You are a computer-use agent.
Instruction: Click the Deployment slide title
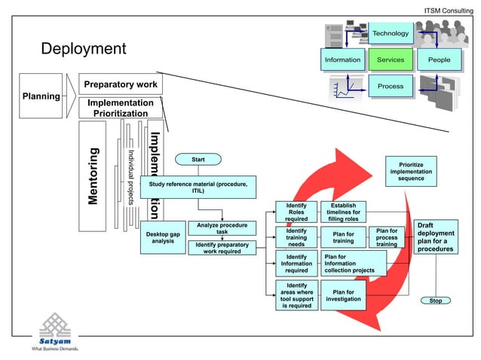click(83, 50)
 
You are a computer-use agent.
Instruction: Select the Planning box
click(41, 96)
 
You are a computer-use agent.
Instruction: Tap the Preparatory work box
click(120, 84)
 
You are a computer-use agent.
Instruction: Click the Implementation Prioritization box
click(120, 108)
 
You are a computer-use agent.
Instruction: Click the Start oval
click(198, 159)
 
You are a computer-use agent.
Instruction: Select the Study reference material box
click(198, 187)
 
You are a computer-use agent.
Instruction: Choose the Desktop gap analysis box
click(162, 238)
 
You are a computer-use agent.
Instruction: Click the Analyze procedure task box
click(222, 228)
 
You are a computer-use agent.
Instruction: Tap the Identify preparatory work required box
click(222, 248)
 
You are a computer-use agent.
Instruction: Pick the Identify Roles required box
click(296, 212)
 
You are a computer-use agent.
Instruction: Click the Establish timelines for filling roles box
click(343, 212)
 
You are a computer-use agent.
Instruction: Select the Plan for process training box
click(387, 237)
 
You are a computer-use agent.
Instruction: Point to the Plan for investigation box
click(343, 295)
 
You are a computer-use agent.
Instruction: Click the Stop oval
click(435, 301)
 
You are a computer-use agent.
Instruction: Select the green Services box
click(391, 59)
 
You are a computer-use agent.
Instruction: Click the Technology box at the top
click(391, 33)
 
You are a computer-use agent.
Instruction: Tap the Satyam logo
click(58, 331)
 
